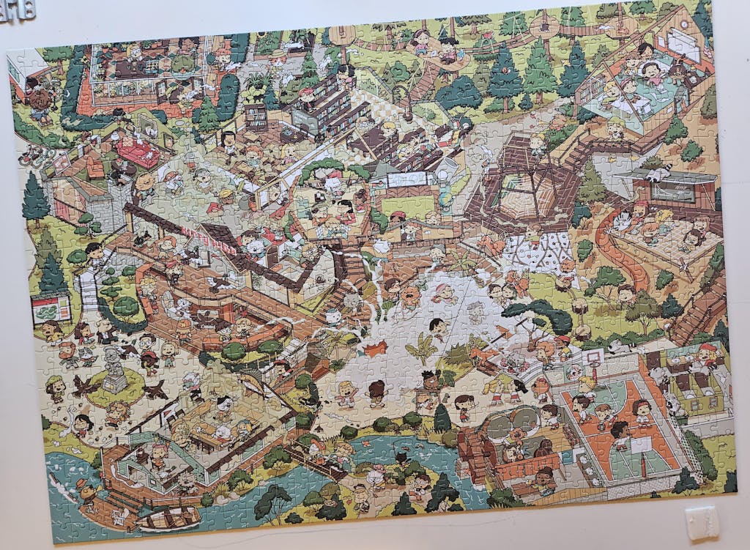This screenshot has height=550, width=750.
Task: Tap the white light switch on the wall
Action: click(702, 519)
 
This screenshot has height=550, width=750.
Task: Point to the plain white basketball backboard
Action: click(642, 445)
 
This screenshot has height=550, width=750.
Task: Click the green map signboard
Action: click(51, 308)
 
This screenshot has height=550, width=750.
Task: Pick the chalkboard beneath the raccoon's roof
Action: click(672, 192)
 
